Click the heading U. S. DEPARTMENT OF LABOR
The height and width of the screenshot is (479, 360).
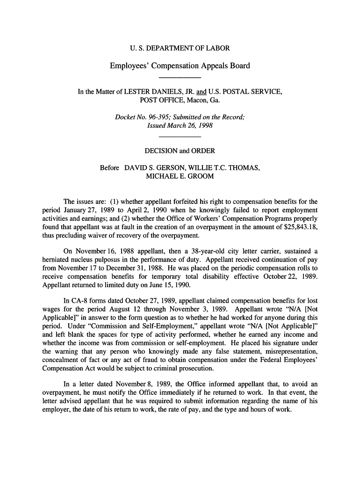(180, 48)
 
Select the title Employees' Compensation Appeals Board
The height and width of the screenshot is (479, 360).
(180, 65)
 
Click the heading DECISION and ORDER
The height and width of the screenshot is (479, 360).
(180, 151)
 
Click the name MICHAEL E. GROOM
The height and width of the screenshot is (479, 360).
(180, 176)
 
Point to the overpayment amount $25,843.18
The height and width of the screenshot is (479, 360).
(294, 227)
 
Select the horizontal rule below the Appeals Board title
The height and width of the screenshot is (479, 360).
(180, 77)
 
